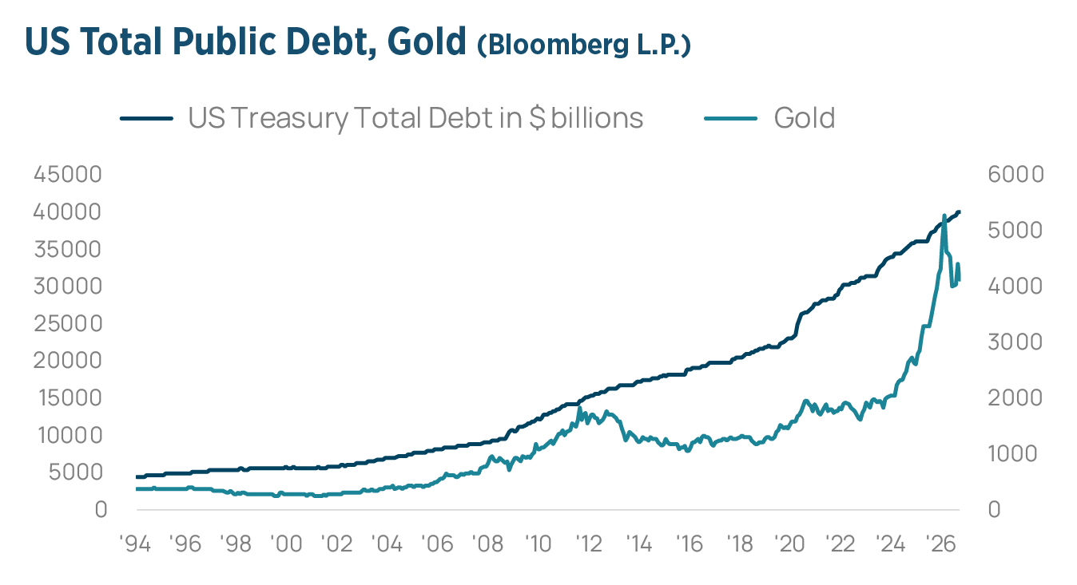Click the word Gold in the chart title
click(x=427, y=41)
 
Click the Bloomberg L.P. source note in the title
click(x=584, y=45)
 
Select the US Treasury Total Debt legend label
click(x=415, y=118)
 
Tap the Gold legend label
click(x=805, y=117)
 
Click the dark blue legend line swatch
click(x=146, y=118)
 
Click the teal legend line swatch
click(x=730, y=118)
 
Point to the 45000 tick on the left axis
click(x=68, y=174)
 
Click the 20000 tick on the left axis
click(x=68, y=360)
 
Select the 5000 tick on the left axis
click(x=75, y=472)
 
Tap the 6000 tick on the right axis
click(x=1016, y=174)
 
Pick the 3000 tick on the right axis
click(x=1015, y=342)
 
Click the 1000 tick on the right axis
click(x=1012, y=453)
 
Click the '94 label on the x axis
click(x=135, y=544)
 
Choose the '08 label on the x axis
click(x=487, y=544)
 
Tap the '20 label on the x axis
click(x=789, y=544)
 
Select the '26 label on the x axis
click(x=940, y=544)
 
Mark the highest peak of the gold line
click(x=944, y=215)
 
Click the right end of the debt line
click(x=960, y=211)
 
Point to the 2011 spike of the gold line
click(x=580, y=409)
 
